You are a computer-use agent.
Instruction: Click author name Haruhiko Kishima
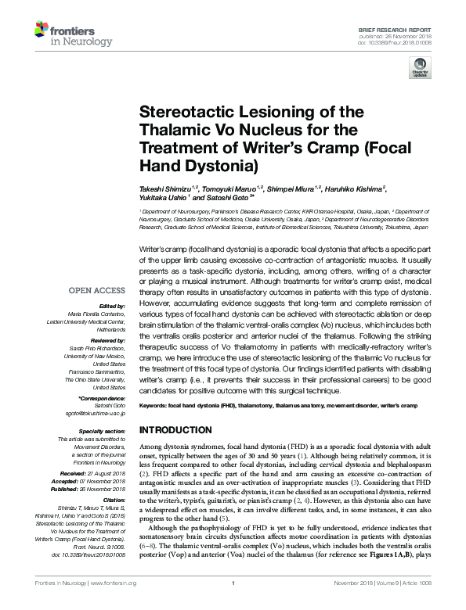point(359,188)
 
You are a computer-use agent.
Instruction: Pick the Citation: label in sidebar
point(114,497)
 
